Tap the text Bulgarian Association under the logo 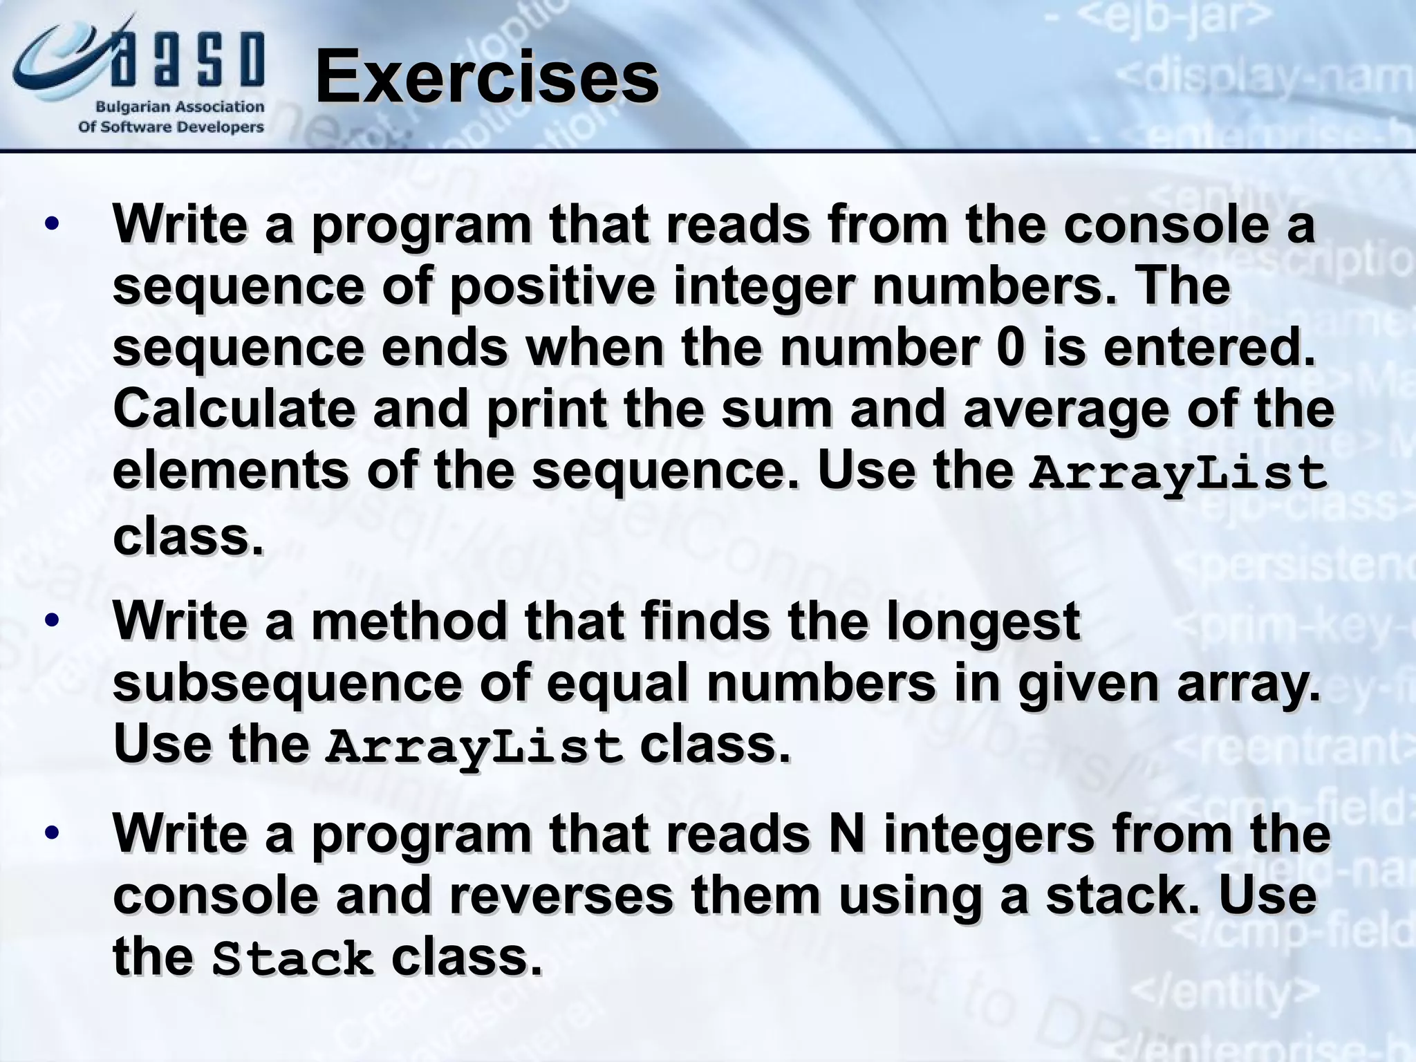click(180, 107)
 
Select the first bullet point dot click(52, 225)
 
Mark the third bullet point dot click(52, 833)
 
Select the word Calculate click(234, 409)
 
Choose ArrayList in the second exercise click(474, 747)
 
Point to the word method click(409, 621)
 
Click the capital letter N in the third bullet click(846, 834)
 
